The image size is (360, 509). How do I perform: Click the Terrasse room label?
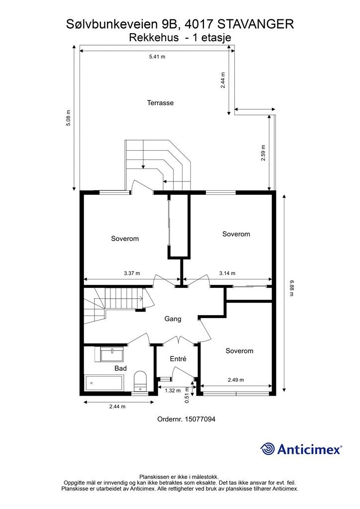[161, 102]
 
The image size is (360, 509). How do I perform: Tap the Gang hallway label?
[173, 319]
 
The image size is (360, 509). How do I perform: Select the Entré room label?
[178, 359]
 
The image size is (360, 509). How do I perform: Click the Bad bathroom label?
[120, 368]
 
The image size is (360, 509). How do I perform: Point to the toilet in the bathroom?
[140, 381]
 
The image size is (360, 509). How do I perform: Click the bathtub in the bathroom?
[104, 383]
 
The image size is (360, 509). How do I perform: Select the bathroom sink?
[112, 354]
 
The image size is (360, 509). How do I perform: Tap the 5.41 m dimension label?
[157, 57]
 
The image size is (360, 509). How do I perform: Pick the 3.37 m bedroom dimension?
[132, 273]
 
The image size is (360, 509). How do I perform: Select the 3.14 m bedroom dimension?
[227, 273]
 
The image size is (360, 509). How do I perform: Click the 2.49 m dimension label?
[236, 380]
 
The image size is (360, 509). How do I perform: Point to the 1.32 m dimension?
[173, 391]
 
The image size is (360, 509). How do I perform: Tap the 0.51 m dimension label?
[187, 395]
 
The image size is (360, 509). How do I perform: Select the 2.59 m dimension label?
[263, 153]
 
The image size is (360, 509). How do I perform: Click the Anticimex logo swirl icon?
[267, 449]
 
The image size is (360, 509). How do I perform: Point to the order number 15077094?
[199, 419]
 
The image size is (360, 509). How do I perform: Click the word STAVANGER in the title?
[255, 24]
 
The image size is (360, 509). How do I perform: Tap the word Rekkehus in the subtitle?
[154, 38]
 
